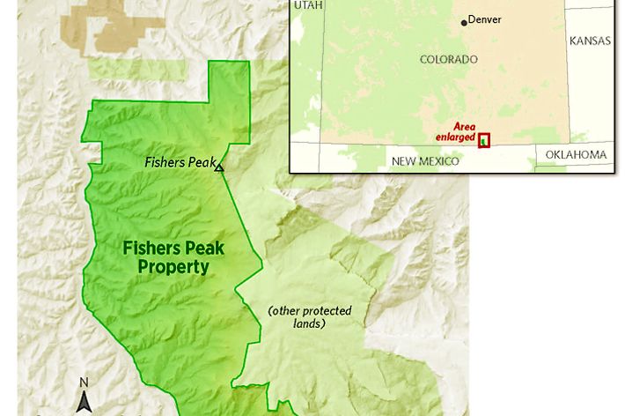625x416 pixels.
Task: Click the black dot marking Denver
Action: [x=465, y=22]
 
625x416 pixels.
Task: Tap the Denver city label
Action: [x=485, y=19]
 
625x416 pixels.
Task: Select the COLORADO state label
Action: [x=449, y=60]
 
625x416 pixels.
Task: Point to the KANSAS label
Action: [x=590, y=41]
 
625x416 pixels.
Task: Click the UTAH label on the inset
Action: [x=309, y=5]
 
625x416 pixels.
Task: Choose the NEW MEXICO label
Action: [x=425, y=161]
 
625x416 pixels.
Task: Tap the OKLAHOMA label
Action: [x=576, y=155]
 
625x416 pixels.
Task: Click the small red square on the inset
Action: [x=484, y=140]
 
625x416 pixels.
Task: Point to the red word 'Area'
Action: [x=464, y=127]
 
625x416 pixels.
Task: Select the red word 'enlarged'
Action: [x=455, y=137]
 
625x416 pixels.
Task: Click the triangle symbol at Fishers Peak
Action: [x=219, y=167]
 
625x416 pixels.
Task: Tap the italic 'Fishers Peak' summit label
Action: [x=179, y=162]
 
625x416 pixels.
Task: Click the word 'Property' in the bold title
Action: [x=173, y=267]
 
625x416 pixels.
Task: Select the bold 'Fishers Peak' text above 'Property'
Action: [x=173, y=249]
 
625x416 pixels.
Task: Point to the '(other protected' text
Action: [x=310, y=311]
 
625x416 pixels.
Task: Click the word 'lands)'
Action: [x=309, y=323]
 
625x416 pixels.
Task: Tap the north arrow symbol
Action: [x=85, y=402]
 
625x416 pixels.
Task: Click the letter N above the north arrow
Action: [x=85, y=383]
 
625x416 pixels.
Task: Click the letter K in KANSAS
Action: [x=574, y=41]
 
